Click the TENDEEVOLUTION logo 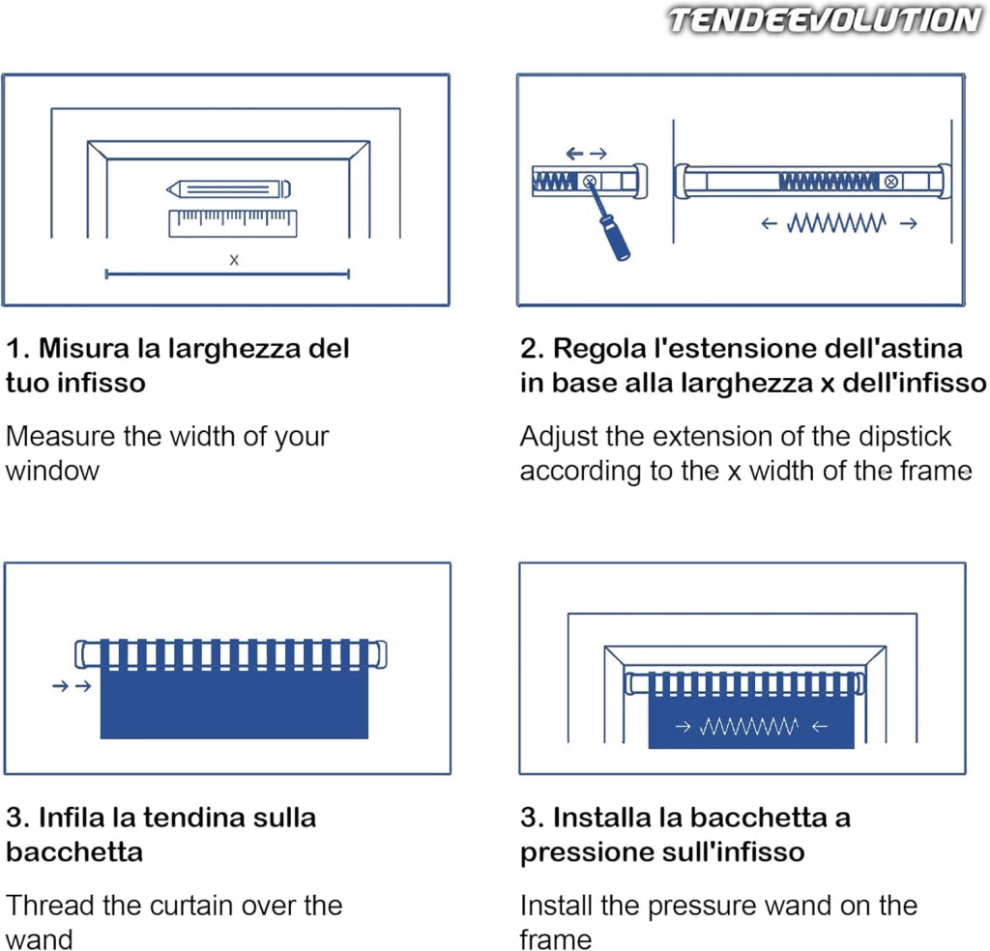coord(825,19)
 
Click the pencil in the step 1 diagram coord(228,188)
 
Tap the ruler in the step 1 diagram coord(233,223)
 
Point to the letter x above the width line coord(234,259)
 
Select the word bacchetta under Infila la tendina coord(74,851)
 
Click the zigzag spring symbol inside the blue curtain coord(749,727)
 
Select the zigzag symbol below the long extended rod coord(836,222)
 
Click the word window coord(52,472)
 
